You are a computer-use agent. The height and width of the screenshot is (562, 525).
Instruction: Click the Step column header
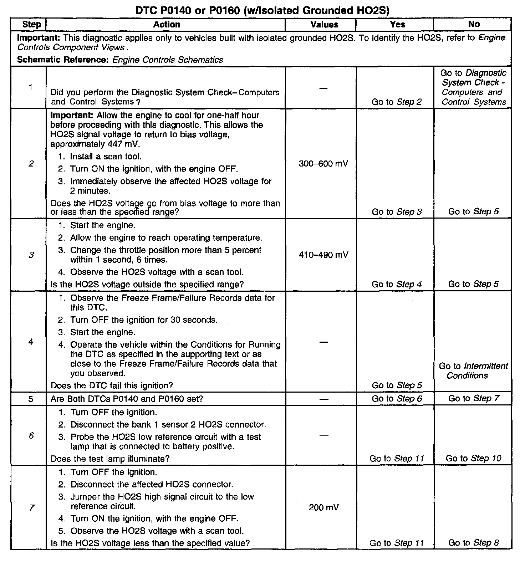(31, 25)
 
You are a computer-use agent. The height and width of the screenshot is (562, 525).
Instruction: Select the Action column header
(167, 25)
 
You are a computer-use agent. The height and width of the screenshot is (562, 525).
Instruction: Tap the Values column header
(324, 25)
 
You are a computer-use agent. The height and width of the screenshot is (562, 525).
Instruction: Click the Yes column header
(397, 25)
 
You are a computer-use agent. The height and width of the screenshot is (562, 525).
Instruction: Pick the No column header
(474, 24)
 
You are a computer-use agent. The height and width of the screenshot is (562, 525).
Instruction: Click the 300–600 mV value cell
(323, 164)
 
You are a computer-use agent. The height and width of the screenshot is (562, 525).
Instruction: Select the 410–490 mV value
(323, 255)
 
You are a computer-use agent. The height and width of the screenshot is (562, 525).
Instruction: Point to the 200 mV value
(323, 507)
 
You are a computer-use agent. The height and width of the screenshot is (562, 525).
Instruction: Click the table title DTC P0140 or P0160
(262, 10)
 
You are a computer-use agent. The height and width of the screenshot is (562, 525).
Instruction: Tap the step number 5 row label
(31, 399)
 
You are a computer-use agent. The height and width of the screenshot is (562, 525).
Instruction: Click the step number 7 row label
(31, 507)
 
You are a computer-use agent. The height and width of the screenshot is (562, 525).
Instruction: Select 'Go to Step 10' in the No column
(473, 459)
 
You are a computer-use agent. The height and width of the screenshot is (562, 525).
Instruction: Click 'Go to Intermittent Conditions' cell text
(473, 371)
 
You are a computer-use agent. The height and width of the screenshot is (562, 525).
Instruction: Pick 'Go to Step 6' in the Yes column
(397, 399)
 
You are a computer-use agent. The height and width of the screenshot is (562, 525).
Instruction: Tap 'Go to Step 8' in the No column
(473, 543)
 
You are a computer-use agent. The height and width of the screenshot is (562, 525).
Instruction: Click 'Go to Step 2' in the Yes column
(397, 102)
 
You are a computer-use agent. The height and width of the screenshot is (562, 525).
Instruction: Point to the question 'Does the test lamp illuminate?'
(110, 459)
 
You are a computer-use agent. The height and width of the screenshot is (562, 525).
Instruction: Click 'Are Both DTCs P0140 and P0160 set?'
(127, 399)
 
